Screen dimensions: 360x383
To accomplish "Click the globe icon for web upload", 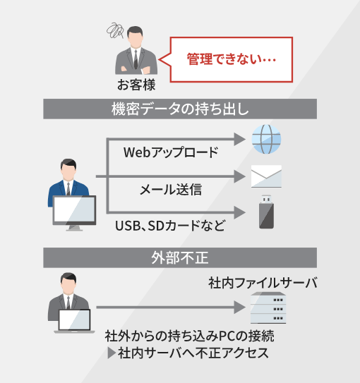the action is [266, 139].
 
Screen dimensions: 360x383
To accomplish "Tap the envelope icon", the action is [266, 176].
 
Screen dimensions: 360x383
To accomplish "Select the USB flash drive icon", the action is [266, 212].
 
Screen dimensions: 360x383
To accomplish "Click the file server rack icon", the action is [268, 308].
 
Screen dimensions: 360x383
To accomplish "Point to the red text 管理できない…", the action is [232, 59].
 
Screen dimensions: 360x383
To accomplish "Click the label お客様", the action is [136, 85].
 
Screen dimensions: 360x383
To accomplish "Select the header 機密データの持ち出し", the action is [180, 109].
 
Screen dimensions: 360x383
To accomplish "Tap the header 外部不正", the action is [180, 257].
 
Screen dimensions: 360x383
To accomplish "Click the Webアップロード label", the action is [171, 152].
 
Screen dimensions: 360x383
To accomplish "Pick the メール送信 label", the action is [171, 190].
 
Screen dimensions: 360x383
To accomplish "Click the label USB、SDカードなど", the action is [170, 226].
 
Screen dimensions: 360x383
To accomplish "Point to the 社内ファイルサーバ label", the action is [263, 283].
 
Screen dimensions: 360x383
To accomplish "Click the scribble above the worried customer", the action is [114, 31].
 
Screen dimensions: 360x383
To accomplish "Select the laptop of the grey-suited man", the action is [74, 321].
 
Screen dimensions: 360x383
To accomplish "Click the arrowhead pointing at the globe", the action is [239, 139].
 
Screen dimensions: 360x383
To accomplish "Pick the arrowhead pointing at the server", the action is [239, 308].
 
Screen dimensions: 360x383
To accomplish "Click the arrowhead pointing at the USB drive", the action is [239, 212].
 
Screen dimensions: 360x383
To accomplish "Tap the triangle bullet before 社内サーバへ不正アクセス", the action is [112, 353].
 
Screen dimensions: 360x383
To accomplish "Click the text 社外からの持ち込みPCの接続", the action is [189, 336].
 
